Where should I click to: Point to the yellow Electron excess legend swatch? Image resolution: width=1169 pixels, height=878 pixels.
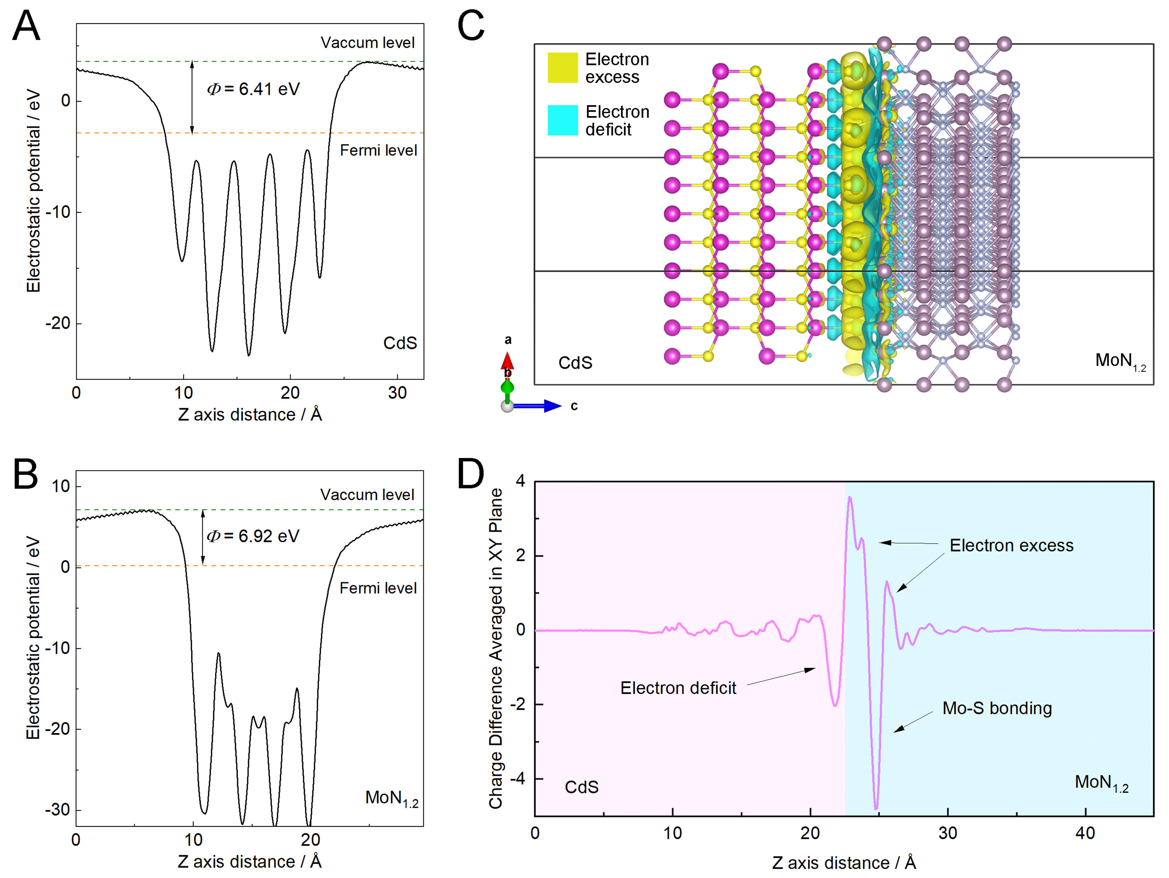563,68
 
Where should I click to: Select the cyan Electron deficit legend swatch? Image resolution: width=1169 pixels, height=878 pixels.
563,120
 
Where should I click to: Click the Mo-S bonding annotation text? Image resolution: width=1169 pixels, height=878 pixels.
997,708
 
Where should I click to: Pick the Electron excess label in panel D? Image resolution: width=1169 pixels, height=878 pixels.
1012,545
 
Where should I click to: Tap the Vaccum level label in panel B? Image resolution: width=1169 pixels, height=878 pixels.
367,495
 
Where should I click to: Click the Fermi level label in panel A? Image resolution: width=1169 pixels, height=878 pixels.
378,150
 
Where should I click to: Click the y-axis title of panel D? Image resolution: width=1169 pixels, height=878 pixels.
495,648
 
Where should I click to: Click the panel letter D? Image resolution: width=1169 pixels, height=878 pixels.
470,474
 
